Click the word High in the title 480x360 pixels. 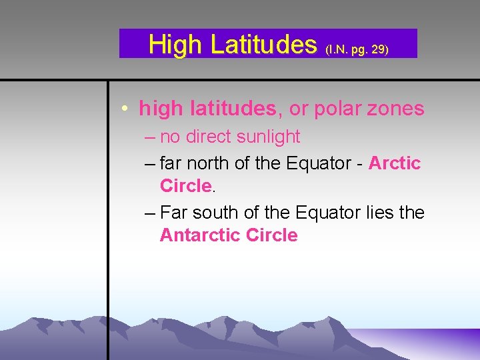point(175,45)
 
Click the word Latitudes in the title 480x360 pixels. point(263,45)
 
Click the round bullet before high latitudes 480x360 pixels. point(125,109)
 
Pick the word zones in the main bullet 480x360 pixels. point(397,109)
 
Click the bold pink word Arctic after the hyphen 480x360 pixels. point(394,163)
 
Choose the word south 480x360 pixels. point(213,213)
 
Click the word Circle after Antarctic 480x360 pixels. point(271,235)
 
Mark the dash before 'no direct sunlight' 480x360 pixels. point(149,137)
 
